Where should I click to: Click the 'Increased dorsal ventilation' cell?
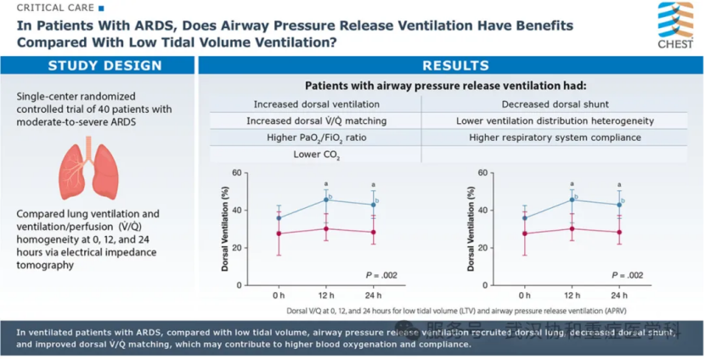(x=309, y=104)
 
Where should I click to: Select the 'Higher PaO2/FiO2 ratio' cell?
(x=309, y=138)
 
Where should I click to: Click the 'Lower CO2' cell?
(x=309, y=155)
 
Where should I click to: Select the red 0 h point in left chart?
(x=279, y=233)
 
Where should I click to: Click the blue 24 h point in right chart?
(x=618, y=205)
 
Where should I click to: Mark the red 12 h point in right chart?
(x=572, y=228)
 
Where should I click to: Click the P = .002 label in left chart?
(x=381, y=275)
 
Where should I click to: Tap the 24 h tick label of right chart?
(x=618, y=295)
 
